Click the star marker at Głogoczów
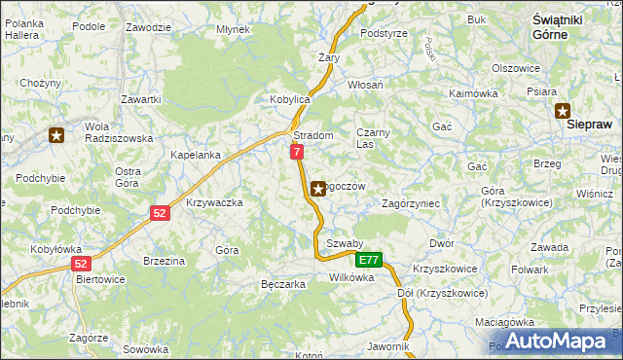[x=317, y=189]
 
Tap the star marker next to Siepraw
[x=563, y=111]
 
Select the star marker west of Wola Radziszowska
[x=57, y=135]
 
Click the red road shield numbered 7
[x=297, y=152]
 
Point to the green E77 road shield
[x=368, y=261]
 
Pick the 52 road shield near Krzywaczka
[x=161, y=212]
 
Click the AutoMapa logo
[x=558, y=342]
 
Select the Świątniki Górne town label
[x=558, y=26]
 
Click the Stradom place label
[x=313, y=135]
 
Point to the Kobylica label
[x=289, y=99]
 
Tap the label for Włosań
[x=365, y=85]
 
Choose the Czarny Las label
[x=373, y=137]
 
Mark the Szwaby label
[x=345, y=243]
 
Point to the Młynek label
[x=234, y=29]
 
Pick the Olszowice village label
[x=516, y=68]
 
